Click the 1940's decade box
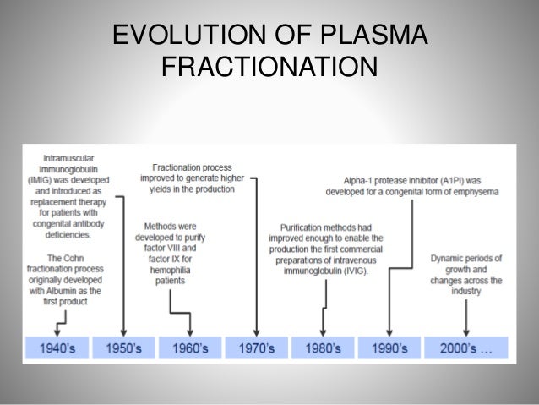pyautogui.click(x=57, y=348)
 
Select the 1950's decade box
pyautogui.click(x=124, y=348)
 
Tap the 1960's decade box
pyautogui.click(x=190, y=348)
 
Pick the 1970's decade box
pyautogui.click(x=256, y=348)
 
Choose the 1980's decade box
pyautogui.click(x=323, y=348)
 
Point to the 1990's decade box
pyautogui.click(x=389, y=348)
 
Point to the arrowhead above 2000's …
pyautogui.click(x=466, y=331)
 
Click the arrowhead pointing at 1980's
pyautogui.click(x=322, y=331)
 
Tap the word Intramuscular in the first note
pyautogui.click(x=71, y=157)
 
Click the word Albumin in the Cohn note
pyautogui.click(x=84, y=292)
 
